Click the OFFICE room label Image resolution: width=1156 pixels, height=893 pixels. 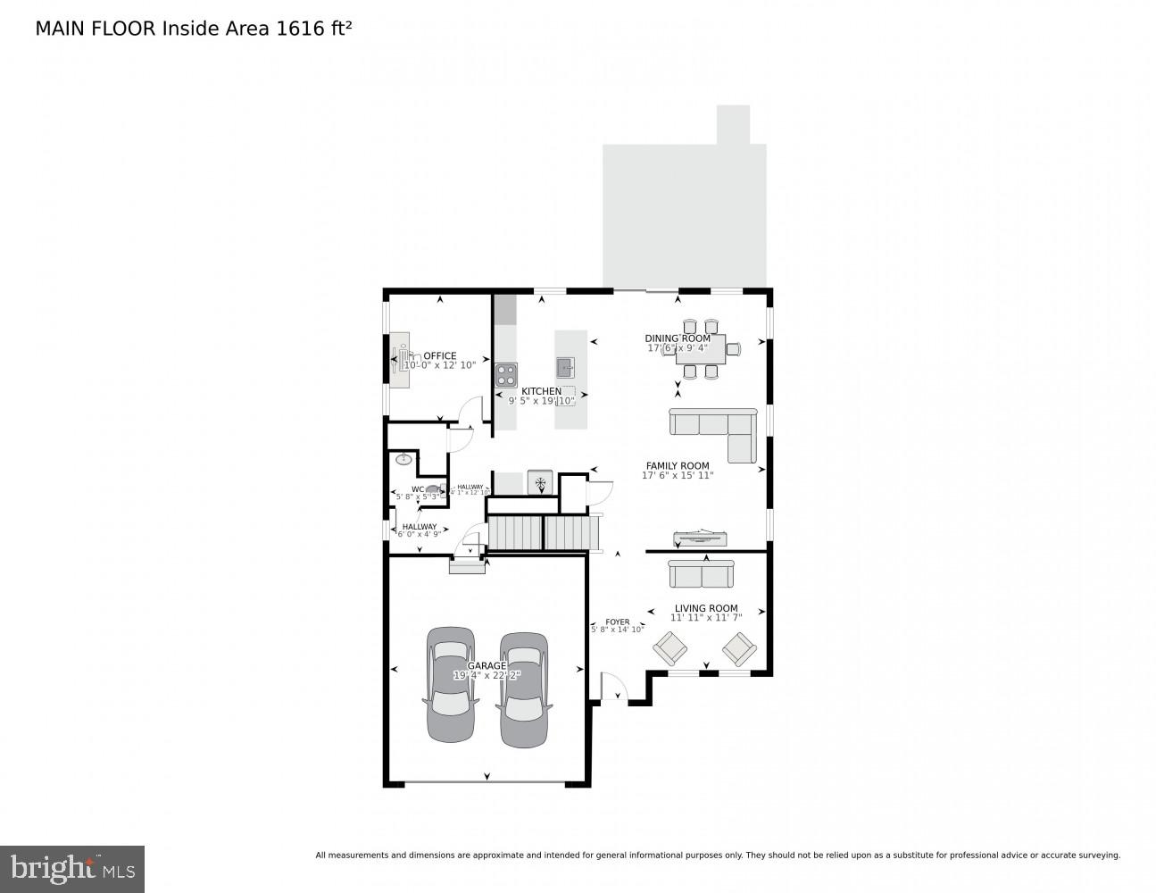point(439,355)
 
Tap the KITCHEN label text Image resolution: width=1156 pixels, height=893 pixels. point(541,391)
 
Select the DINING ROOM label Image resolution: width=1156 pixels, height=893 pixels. point(678,338)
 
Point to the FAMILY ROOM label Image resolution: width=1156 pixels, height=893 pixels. point(678,465)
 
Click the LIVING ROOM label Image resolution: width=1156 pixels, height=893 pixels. point(705,608)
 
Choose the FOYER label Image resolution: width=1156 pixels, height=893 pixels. point(617,622)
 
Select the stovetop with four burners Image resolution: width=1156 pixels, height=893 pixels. point(506,374)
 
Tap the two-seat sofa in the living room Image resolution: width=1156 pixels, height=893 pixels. point(701,573)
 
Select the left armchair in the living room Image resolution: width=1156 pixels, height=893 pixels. point(669,648)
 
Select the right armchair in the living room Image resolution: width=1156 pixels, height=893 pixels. point(739,648)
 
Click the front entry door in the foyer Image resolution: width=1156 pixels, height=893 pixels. point(614,688)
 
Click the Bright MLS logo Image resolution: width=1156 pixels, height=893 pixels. point(72,869)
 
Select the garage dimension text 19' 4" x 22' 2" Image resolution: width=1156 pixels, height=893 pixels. point(487,675)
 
